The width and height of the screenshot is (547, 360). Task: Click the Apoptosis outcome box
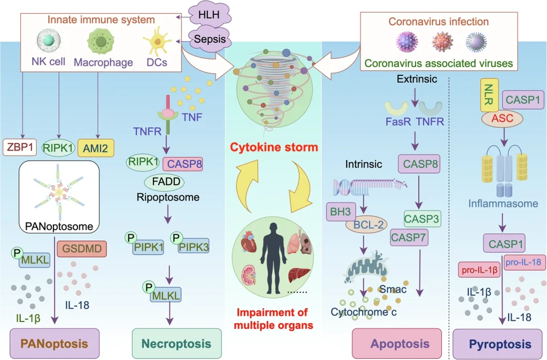[x=396, y=343]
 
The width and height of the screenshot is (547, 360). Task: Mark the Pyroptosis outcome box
[x=499, y=343]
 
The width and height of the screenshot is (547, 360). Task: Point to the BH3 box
[x=338, y=213]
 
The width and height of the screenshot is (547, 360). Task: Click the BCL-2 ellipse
[x=366, y=225]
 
